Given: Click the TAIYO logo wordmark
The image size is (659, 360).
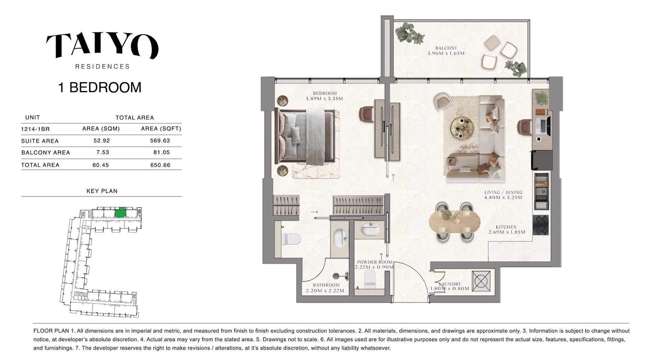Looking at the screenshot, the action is [102, 45].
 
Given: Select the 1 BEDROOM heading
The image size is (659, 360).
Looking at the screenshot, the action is [100, 87].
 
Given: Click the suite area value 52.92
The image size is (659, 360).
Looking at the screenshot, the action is [101, 140].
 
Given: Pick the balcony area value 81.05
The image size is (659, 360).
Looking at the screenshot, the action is [161, 152].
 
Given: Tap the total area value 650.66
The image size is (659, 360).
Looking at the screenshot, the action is [160, 165].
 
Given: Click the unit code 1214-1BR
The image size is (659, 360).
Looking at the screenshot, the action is [35, 129].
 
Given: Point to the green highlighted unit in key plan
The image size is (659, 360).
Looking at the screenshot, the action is [120, 213].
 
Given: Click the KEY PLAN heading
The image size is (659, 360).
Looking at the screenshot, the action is [102, 191].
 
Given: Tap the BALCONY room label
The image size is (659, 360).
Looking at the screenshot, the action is [446, 48].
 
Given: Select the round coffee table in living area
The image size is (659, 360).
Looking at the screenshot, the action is [462, 127].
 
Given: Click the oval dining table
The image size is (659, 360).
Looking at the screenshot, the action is [454, 222].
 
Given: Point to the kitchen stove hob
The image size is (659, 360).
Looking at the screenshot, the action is [541, 225].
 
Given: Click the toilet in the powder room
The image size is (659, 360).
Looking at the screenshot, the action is [370, 279].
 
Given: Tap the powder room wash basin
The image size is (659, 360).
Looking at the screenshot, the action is [370, 229].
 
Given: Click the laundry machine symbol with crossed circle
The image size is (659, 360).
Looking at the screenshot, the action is [481, 281].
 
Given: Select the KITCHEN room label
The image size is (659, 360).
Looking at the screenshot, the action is [506, 227].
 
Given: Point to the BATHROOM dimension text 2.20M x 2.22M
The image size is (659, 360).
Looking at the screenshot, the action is [325, 291].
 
